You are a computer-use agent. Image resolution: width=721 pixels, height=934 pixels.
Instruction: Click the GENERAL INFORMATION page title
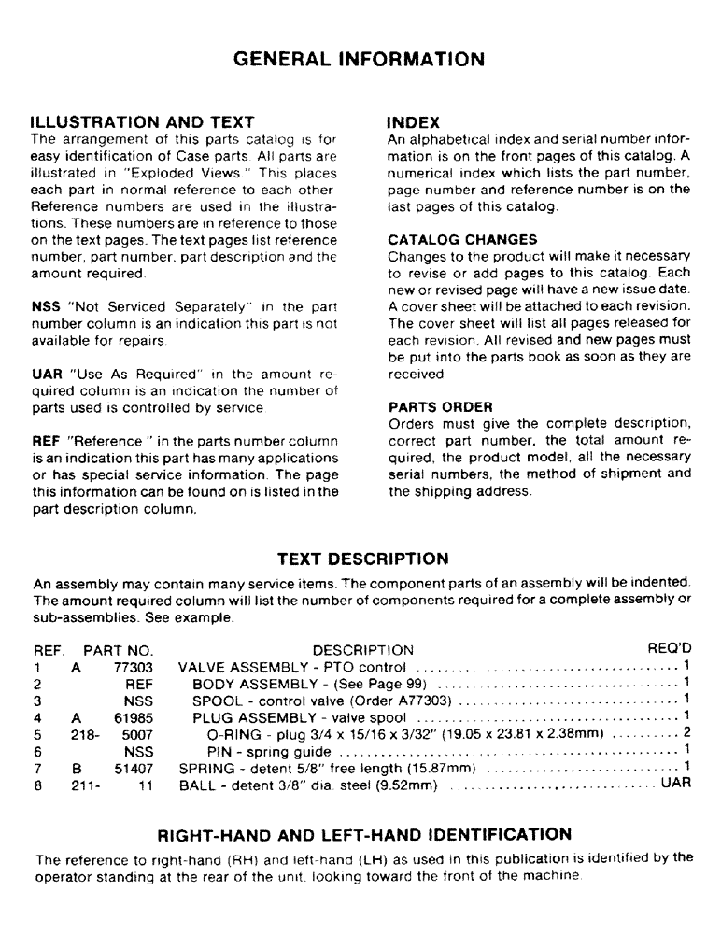tap(360, 59)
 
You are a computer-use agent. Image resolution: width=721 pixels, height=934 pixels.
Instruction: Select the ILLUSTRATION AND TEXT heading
tap(143, 122)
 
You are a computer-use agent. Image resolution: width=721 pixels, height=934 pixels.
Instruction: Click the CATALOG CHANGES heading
tap(462, 240)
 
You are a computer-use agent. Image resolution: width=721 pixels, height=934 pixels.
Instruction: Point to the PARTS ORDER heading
tap(441, 407)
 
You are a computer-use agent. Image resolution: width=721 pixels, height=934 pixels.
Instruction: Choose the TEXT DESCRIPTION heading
tap(363, 559)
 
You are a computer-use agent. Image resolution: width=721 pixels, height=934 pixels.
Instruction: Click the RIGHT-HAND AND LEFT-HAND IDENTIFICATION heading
tap(363, 834)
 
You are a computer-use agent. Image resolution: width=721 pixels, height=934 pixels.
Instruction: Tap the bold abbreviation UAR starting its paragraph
tap(47, 374)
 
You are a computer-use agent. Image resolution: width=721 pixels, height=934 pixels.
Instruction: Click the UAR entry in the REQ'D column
tap(675, 785)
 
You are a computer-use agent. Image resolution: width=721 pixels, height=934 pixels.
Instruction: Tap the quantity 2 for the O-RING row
tap(686, 734)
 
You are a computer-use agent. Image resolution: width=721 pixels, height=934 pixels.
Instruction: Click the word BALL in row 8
tap(197, 785)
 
